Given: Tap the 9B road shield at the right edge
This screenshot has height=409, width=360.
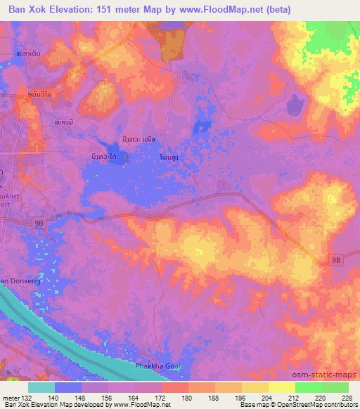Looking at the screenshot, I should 337,260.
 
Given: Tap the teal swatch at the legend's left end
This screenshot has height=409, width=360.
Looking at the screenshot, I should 41,387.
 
